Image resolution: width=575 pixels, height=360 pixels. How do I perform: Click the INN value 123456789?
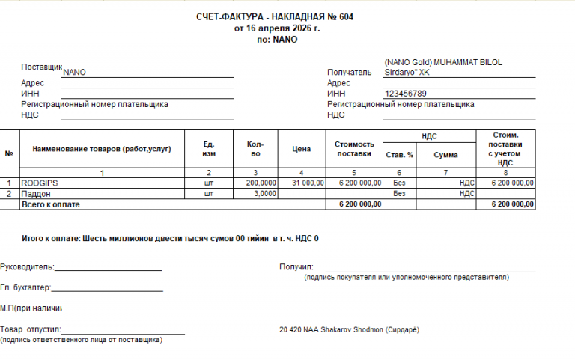coord(405,94)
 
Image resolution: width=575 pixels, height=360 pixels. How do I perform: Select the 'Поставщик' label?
coord(42,67)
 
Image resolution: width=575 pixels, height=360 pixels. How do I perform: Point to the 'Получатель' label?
coord(349,73)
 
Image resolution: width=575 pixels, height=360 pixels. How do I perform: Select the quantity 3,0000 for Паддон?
coord(264,193)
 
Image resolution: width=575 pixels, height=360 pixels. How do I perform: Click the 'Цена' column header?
coord(301,150)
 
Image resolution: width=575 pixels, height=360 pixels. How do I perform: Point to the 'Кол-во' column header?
coord(255,150)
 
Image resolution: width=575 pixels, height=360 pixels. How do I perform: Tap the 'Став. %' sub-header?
coord(399,155)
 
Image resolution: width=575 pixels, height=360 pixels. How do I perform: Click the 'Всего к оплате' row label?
coord(50,204)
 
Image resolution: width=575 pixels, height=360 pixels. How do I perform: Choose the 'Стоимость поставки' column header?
coord(354,149)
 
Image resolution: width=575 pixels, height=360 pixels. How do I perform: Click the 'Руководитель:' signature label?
coord(27,266)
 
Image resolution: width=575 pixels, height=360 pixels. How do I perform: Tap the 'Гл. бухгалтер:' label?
coord(25,287)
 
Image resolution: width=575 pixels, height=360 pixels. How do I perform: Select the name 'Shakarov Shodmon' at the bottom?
coord(352,330)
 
